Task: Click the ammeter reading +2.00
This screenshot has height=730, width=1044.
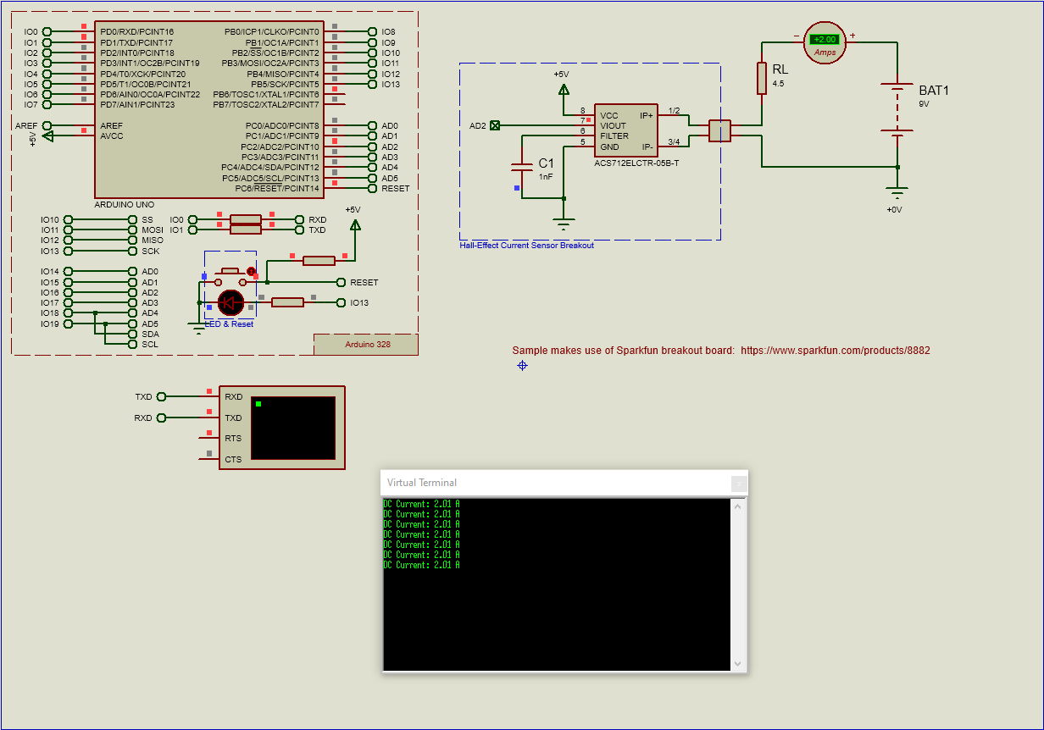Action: (825, 40)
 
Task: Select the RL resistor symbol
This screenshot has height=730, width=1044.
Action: (762, 78)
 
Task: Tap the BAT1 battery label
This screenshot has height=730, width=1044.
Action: (934, 90)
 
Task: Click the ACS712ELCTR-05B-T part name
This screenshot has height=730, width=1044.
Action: (636, 162)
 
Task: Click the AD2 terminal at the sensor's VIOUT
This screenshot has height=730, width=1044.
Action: (495, 125)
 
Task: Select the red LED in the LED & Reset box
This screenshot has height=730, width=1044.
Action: (230, 302)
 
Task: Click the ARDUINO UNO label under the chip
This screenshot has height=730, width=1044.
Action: (124, 205)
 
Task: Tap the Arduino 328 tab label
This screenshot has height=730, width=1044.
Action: (367, 345)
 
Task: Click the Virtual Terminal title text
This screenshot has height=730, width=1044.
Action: (422, 483)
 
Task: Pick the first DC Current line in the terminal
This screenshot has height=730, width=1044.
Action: (421, 504)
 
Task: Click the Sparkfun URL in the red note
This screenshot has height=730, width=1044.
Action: (836, 350)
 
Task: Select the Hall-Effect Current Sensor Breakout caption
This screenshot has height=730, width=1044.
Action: (526, 246)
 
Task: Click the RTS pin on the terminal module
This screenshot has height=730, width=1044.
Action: (233, 439)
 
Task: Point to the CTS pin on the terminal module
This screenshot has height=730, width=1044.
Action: (233, 460)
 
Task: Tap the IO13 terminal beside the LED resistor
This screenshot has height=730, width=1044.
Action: (358, 302)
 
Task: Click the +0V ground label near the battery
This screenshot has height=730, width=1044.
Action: (894, 209)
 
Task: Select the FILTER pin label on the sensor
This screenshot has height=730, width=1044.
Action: (614, 135)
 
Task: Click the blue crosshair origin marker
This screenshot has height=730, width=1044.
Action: (522, 365)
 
